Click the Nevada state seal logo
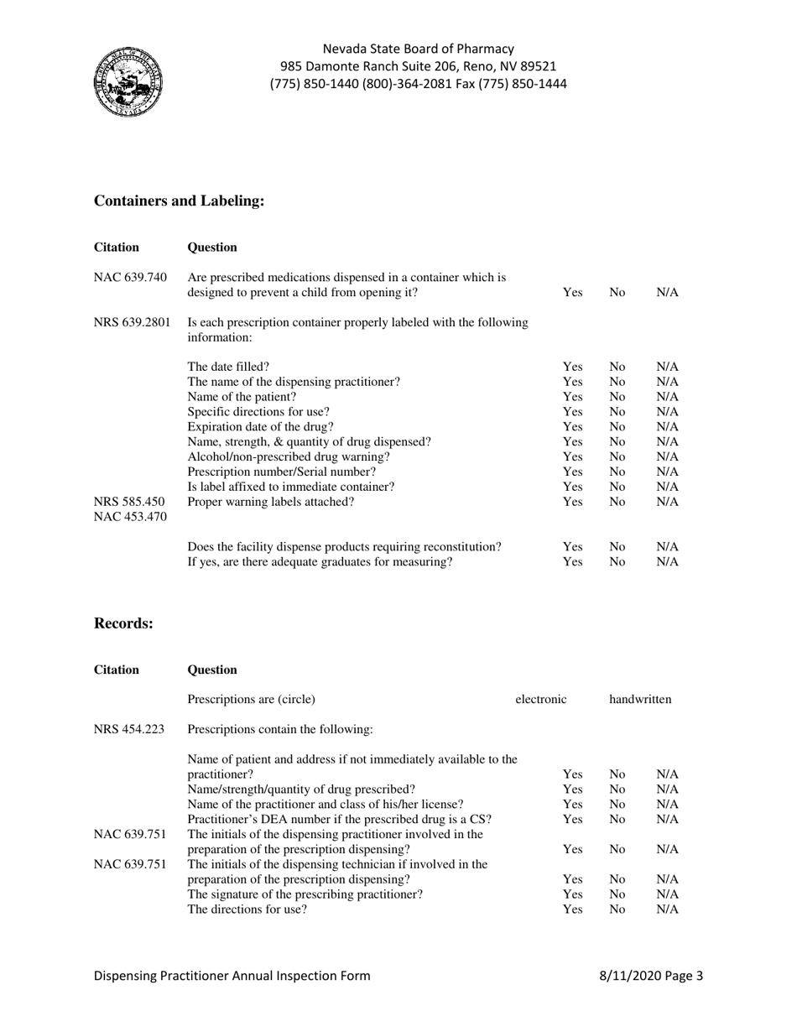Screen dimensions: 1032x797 tap(128, 81)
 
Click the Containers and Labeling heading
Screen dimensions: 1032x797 tap(179, 201)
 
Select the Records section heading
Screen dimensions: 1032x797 tap(123, 623)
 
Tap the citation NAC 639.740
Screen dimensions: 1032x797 tap(130, 278)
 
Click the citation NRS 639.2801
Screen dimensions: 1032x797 tap(133, 322)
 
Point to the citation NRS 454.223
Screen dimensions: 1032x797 tap(129, 729)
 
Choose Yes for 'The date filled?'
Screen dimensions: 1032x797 tap(572, 367)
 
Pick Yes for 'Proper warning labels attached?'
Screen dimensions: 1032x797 tap(572, 503)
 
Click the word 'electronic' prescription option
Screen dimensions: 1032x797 tap(541, 699)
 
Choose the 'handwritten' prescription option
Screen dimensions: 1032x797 tap(640, 699)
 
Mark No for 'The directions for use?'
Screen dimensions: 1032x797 tap(617, 910)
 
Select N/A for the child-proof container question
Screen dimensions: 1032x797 tap(667, 293)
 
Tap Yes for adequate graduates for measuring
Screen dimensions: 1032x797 tap(572, 562)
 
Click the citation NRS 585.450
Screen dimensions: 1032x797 tap(129, 503)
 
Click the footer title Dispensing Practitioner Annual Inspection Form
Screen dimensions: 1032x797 tap(232, 976)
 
